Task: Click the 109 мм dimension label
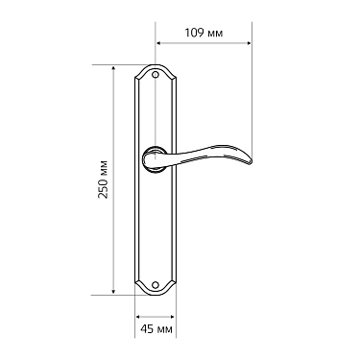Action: (204, 33)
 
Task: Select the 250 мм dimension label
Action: (103, 179)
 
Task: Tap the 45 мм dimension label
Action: (156, 328)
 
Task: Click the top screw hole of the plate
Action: (156, 74)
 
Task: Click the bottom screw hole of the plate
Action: (156, 284)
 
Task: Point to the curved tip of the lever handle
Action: (250, 161)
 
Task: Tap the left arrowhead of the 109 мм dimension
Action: (158, 43)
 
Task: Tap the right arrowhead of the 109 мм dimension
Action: (249, 43)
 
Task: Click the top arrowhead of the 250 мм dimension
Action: (113, 68)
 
